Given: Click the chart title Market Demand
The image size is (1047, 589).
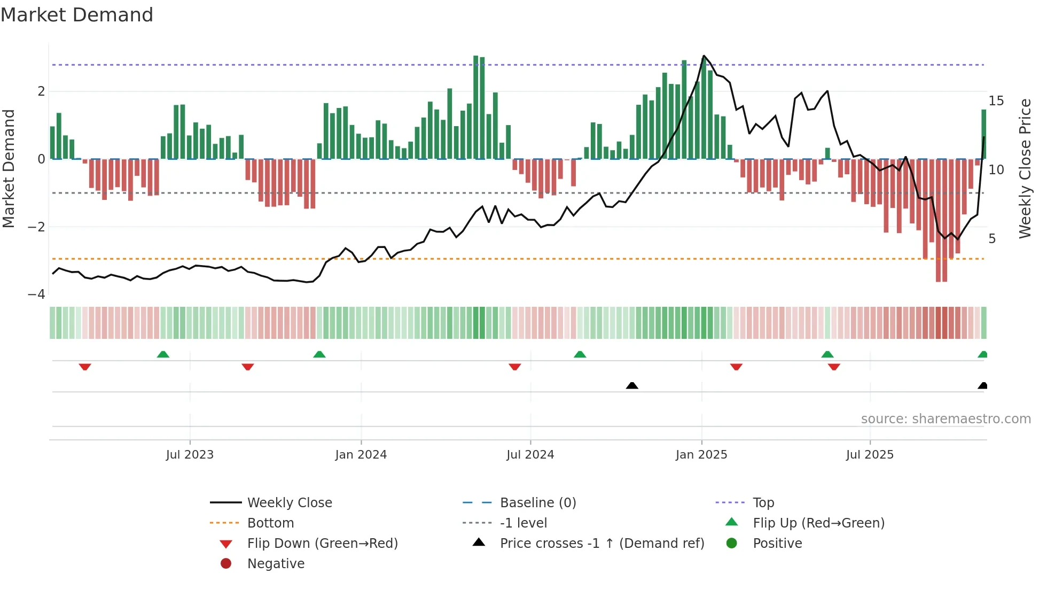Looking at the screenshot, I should pyautogui.click(x=77, y=15).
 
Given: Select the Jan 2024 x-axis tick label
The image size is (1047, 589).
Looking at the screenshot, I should pyautogui.click(x=361, y=455).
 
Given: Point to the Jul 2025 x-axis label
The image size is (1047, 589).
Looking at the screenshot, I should pyautogui.click(x=869, y=455).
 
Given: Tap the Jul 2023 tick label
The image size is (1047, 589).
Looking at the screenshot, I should pyautogui.click(x=190, y=455).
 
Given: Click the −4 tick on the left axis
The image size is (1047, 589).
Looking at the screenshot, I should pyautogui.click(x=36, y=294).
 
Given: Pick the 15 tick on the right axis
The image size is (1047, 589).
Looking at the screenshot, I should pyautogui.click(x=996, y=101).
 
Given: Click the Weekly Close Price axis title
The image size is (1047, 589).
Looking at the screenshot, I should pyautogui.click(x=1025, y=168).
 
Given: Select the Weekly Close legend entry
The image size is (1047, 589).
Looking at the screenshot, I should pyautogui.click(x=289, y=503).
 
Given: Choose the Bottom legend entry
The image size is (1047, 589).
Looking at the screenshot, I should pyautogui.click(x=270, y=523).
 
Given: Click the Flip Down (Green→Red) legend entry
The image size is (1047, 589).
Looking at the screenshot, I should pyautogui.click(x=322, y=544).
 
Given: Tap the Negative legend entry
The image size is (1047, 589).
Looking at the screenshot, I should pyautogui.click(x=276, y=564).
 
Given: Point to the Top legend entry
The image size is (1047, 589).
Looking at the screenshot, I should pyautogui.click(x=763, y=503).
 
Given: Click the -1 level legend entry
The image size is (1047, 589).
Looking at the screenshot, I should pyautogui.click(x=523, y=523).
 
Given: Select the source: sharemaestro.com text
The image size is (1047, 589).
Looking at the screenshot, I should pyautogui.click(x=946, y=419).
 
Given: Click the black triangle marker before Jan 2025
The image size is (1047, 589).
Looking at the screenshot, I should pyautogui.click(x=632, y=385).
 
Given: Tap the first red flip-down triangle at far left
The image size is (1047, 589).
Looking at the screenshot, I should pyautogui.click(x=85, y=367).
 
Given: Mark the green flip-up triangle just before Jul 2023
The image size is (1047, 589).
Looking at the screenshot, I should pyautogui.click(x=163, y=354).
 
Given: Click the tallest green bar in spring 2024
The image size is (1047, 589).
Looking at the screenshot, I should pyautogui.click(x=475, y=107).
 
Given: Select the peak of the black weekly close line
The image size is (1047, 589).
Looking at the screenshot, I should pyautogui.click(x=704, y=56).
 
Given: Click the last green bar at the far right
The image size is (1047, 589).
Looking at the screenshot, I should pyautogui.click(x=983, y=134).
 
